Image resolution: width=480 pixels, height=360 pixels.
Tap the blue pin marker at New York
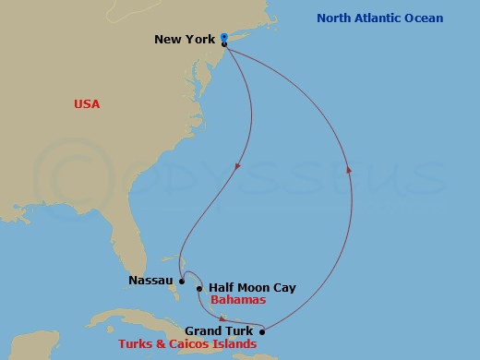224,38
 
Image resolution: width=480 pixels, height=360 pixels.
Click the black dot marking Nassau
182,282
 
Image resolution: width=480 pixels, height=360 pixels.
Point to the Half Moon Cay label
252,288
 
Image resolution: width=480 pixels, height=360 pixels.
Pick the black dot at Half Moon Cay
199,288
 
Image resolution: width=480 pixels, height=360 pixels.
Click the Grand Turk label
221,330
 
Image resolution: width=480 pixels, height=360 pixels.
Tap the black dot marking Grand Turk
262,331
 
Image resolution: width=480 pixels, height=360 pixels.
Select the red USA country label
87,104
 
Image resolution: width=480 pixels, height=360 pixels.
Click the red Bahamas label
238,301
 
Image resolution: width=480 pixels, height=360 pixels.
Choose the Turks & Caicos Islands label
187,344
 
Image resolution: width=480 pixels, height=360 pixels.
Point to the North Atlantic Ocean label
379,18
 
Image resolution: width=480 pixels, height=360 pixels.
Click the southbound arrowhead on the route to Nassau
239,166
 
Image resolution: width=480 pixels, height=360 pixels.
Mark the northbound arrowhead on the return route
348,168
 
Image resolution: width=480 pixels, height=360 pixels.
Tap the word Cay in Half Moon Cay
283,288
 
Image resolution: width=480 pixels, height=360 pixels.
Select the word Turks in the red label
137,344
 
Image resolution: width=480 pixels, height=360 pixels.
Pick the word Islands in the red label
234,344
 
